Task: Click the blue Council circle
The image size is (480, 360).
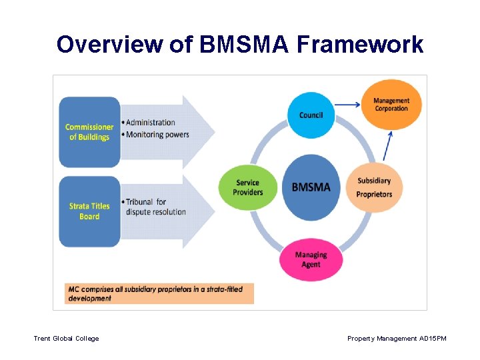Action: [311, 115]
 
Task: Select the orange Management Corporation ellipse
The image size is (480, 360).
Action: [391, 105]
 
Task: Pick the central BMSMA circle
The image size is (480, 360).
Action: [311, 187]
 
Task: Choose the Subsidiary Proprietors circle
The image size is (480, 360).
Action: [374, 187]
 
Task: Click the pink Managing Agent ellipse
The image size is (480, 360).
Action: [311, 259]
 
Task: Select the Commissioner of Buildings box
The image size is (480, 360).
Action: [89, 132]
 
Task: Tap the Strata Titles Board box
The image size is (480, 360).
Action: [89, 211]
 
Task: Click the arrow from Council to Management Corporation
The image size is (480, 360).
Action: [347, 104]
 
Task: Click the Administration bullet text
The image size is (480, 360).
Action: [150, 123]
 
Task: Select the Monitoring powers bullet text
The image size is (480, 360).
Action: [157, 134]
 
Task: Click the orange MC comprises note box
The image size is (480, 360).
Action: [159, 294]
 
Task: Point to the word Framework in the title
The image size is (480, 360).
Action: [360, 45]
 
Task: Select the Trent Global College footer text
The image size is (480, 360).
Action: [66, 339]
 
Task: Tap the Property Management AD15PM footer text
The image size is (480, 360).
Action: [397, 339]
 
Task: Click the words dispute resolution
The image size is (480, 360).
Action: [155, 212]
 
